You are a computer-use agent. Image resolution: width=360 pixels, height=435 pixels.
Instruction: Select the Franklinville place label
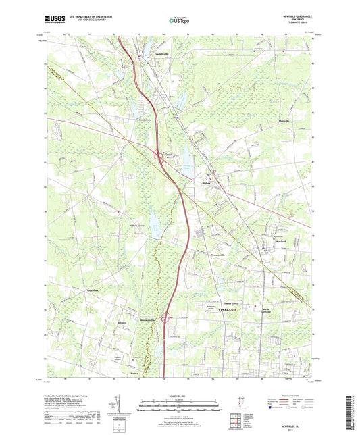point(164,53)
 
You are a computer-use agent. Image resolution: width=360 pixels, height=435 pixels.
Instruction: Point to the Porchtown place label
point(138,120)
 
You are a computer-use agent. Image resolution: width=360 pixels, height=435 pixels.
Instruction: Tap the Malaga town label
point(207,182)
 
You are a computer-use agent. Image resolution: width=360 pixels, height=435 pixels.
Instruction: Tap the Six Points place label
point(83,291)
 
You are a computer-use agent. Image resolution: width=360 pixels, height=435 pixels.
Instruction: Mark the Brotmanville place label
point(148,317)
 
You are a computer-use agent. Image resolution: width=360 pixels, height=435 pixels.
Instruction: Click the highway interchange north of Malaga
point(161,158)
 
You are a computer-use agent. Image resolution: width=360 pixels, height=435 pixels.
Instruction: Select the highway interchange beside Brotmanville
point(166,318)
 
